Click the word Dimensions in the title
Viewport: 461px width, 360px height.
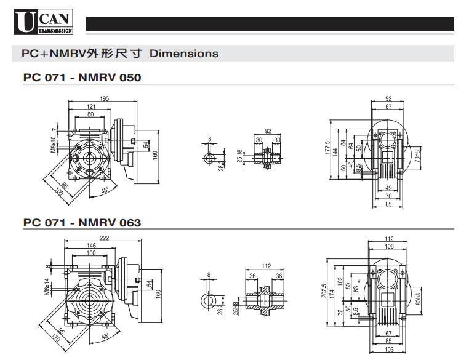point(184,54)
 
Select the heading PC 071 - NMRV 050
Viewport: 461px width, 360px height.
point(82,78)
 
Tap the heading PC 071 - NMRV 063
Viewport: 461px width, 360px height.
point(82,222)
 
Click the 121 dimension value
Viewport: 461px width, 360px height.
point(91,107)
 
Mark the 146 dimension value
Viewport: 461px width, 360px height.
point(90,245)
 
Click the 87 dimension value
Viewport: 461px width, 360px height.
point(388,106)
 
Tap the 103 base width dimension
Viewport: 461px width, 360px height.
point(388,350)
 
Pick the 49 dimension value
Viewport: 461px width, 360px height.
point(388,188)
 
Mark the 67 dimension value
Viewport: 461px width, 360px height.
point(388,333)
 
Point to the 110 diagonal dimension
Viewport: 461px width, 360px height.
point(53,337)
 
